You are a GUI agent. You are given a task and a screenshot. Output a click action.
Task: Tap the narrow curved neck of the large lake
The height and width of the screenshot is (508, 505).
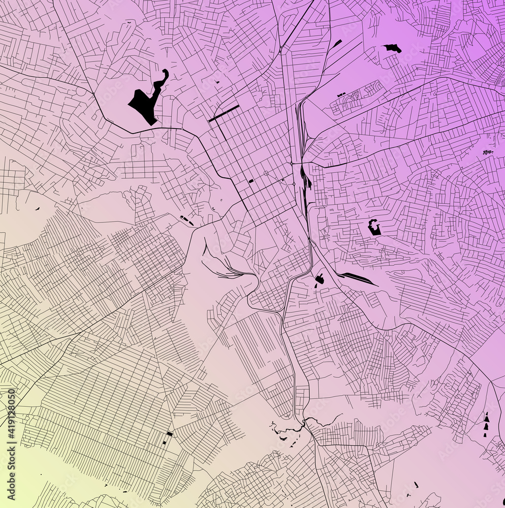(x=162, y=81)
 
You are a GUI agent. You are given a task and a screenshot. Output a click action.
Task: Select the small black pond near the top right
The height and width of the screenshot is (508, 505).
(x=393, y=48)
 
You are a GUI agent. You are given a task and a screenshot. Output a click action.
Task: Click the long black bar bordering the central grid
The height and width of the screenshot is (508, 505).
(x=224, y=113)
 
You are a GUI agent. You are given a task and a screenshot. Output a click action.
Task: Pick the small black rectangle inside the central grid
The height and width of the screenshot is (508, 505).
(x=251, y=181)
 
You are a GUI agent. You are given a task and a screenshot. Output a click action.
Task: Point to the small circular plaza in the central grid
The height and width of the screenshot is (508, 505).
(x=266, y=173)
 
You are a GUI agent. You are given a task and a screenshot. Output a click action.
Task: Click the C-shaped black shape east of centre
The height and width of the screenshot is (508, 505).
(x=374, y=227)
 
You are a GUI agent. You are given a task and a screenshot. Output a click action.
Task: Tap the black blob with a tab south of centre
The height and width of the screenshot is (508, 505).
(x=320, y=279)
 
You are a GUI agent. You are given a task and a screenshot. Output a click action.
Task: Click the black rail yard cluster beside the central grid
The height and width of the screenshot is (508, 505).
(x=305, y=178)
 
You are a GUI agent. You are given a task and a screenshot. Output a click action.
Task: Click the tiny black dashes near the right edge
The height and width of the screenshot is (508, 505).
(x=488, y=152)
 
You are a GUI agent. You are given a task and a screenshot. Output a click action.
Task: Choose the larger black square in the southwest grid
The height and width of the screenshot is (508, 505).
(x=170, y=434)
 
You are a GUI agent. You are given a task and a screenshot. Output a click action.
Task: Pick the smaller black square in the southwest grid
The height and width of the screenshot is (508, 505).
(x=165, y=442)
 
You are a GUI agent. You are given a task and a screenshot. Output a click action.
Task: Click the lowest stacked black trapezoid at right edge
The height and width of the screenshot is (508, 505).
(x=485, y=434)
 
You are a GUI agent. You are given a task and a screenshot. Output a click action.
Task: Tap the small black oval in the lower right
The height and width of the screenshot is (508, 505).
(x=416, y=485)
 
